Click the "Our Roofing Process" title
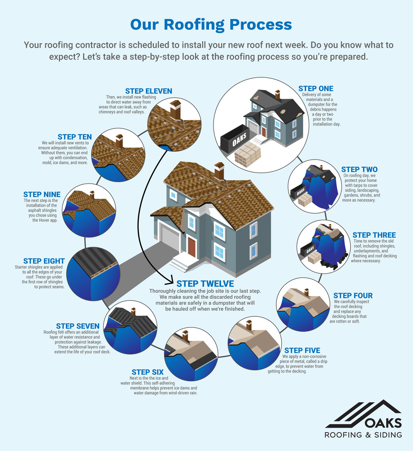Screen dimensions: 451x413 tap(211, 25)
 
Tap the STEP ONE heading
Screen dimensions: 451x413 tap(316, 88)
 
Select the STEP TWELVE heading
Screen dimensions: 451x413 tap(205, 284)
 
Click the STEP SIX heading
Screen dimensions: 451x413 tap(148, 372)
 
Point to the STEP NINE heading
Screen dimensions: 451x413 tap(42, 195)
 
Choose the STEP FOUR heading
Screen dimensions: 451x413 tap(353, 296)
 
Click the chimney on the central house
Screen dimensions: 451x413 tap(219, 170)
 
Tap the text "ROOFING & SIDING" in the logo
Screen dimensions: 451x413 tap(363, 435)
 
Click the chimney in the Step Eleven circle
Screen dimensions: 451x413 tap(175, 109)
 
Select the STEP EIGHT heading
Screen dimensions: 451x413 tap(44, 261)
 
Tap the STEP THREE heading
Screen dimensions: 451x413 tap(374, 235)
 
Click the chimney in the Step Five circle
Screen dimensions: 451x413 tap(248, 325)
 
